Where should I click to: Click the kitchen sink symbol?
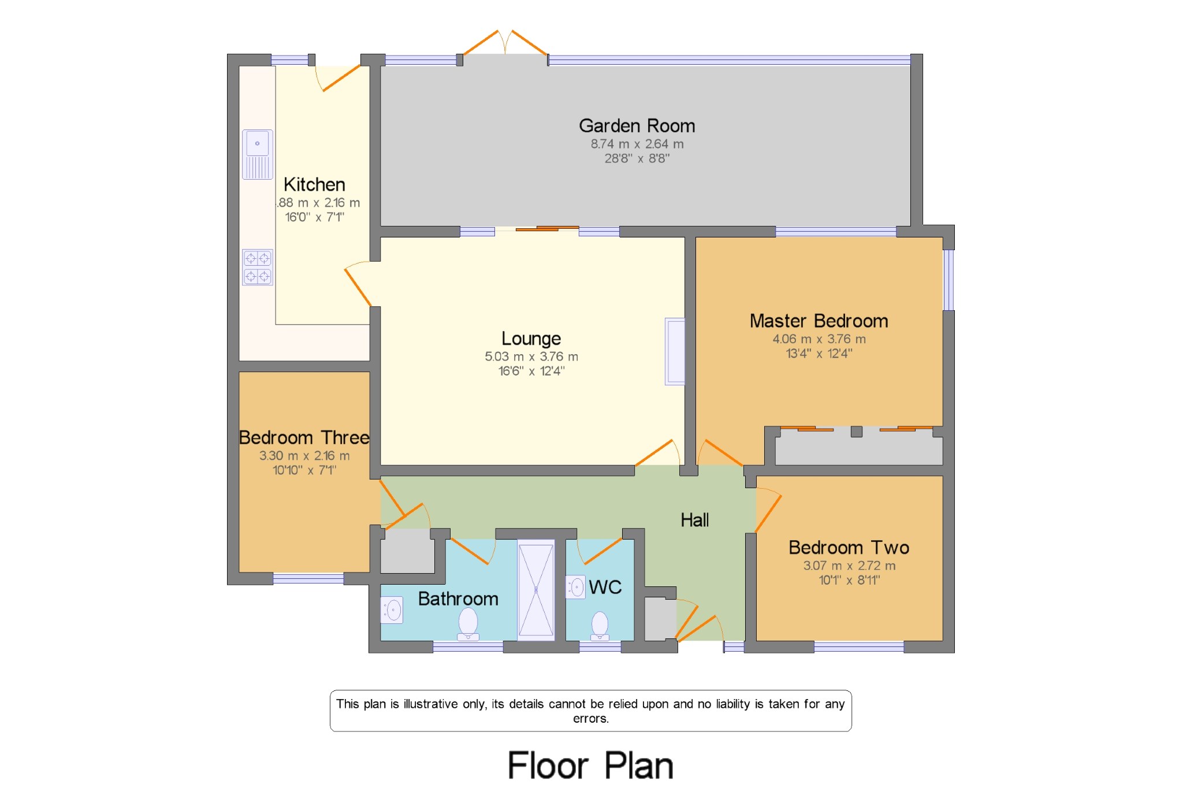[x=257, y=154]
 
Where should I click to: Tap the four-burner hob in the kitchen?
[x=257, y=267]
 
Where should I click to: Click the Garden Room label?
[x=637, y=126]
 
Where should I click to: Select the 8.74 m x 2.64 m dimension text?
[x=637, y=144]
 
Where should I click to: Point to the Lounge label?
[x=531, y=339]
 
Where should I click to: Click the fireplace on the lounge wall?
[x=674, y=351]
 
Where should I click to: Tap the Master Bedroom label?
[x=819, y=321]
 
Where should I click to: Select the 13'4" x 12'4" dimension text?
[x=819, y=354]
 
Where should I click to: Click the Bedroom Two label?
[x=849, y=548]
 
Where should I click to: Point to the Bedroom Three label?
[x=304, y=438]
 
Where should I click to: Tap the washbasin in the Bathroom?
[x=392, y=610]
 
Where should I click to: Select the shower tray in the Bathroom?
[x=535, y=590]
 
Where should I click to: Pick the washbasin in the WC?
[x=575, y=587]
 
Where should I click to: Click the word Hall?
[x=694, y=520]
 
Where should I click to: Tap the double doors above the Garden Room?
[x=505, y=44]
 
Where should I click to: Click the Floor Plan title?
[x=590, y=766]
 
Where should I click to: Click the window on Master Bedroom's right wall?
[x=948, y=280]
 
